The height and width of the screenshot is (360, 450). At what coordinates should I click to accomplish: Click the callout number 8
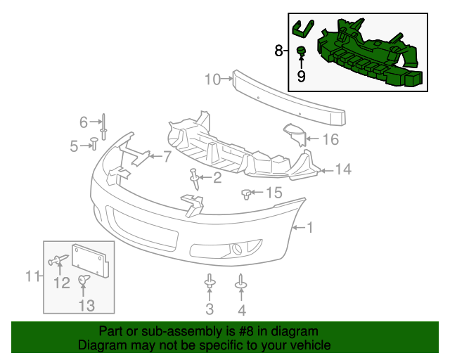pos(278,51)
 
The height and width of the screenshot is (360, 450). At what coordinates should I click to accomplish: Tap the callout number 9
pos(302,76)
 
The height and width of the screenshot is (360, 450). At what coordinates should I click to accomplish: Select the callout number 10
pos(213,79)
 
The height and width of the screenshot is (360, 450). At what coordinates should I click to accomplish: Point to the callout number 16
pos(330,139)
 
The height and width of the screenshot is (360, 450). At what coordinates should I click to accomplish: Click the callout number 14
pos(343,169)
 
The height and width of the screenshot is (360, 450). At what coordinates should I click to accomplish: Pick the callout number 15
pos(273,193)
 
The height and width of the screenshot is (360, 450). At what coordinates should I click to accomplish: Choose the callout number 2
pos(217,178)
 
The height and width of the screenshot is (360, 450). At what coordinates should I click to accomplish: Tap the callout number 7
pos(167,157)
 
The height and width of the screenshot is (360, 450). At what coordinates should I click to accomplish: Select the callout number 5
pos(74,146)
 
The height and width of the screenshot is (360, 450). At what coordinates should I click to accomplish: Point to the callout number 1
pos(310,227)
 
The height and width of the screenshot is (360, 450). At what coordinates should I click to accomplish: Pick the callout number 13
pos(86,305)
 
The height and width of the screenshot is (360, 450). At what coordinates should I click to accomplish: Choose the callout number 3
pos(210,309)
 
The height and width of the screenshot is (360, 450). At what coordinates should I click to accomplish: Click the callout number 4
pos(242,309)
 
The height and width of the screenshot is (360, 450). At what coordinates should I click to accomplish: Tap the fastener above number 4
pos(241,283)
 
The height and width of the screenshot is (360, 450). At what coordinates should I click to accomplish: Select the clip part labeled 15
pos(247,193)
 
